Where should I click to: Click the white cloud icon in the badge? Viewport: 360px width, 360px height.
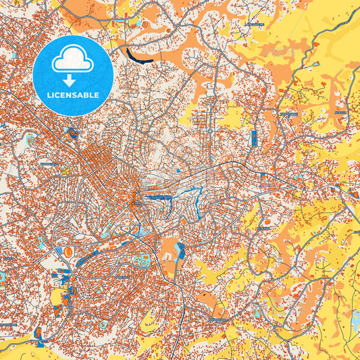[x=72, y=59]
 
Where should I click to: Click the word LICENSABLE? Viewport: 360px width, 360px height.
[x=72, y=96]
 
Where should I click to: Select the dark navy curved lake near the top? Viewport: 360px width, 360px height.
[x=138, y=55]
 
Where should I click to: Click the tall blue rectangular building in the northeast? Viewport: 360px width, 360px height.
[x=254, y=138]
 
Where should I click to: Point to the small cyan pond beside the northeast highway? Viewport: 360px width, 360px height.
[x=315, y=63]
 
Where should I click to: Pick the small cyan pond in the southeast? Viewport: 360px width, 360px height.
[x=257, y=312]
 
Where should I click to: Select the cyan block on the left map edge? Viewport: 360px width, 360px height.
[x=2, y=277]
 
